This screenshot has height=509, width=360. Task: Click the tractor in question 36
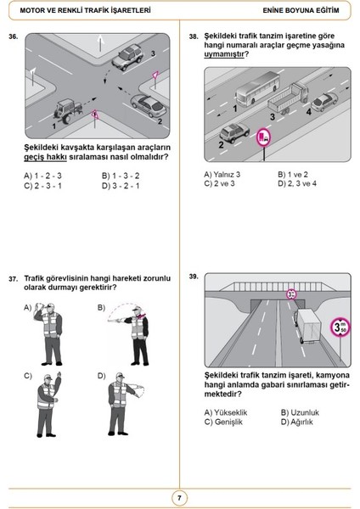click(68, 110)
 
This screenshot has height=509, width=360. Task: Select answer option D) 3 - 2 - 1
click(121, 186)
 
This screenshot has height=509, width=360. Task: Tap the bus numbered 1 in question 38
click(257, 88)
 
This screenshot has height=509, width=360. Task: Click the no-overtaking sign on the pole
click(263, 137)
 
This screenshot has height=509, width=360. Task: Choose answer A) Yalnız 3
click(222, 175)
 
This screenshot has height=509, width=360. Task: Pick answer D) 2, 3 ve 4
click(297, 184)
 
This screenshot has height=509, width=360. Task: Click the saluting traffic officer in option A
click(49, 333)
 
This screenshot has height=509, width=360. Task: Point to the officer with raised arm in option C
click(48, 405)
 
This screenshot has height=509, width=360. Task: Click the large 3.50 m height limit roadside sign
click(340, 327)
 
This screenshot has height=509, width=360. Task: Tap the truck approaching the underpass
click(307, 326)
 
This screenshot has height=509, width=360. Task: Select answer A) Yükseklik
click(226, 412)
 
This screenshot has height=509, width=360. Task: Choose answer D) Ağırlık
click(296, 422)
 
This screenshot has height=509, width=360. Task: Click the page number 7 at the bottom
click(179, 498)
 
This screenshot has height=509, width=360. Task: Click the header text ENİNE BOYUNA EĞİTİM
click(301, 10)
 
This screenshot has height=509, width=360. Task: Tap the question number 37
click(13, 279)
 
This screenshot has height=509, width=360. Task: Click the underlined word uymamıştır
click(224, 54)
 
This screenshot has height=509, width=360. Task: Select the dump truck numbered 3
click(287, 98)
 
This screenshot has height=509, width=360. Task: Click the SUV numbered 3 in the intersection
click(127, 57)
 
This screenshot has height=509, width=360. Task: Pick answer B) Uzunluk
click(300, 412)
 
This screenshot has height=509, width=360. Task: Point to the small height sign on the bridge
click(291, 294)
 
